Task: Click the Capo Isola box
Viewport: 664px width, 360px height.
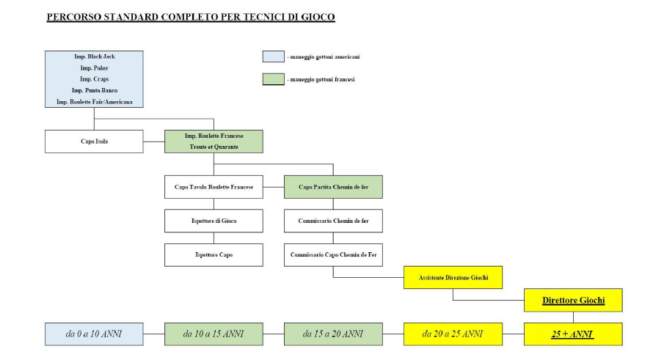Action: [94, 142]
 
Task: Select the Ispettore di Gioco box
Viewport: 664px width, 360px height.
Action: [214, 221]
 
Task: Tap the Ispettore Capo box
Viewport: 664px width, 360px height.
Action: [214, 254]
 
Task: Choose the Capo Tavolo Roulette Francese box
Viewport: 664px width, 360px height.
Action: [214, 187]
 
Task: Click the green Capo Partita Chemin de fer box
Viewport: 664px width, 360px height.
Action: [333, 187]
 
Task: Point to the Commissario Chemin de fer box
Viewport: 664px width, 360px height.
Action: [333, 221]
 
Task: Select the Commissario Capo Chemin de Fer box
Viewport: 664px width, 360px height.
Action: [333, 254]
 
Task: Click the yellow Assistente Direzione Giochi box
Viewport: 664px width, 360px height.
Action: [453, 277]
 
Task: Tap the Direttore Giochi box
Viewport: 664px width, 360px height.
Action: [573, 300]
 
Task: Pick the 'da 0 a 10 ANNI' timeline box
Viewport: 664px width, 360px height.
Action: [94, 334]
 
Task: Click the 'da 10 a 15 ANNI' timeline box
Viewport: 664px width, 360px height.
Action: [214, 334]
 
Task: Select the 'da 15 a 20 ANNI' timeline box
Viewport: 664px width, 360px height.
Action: [333, 334]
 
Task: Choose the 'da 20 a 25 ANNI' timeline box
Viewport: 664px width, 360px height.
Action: [453, 334]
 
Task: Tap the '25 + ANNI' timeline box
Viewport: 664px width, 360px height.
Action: [573, 334]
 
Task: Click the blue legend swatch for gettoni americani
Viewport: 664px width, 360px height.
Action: [273, 56]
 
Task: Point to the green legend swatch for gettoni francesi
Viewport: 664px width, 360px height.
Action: [273, 79]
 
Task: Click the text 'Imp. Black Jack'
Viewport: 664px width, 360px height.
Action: [95, 56]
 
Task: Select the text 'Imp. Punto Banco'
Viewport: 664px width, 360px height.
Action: [95, 90]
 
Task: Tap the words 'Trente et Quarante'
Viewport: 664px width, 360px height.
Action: [214, 147]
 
